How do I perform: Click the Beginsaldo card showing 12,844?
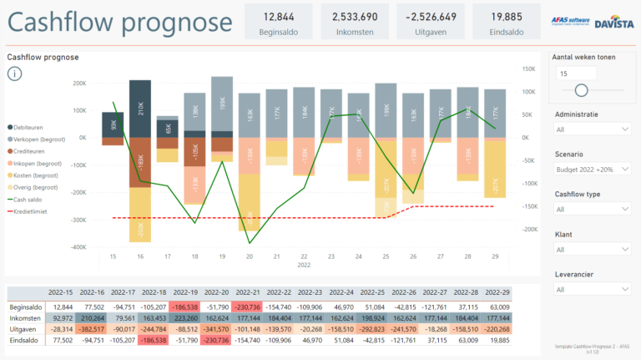[x=279, y=23]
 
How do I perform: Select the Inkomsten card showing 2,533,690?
[x=354, y=23]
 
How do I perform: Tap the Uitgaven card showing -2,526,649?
[x=430, y=23]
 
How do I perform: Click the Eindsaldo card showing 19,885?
[x=507, y=23]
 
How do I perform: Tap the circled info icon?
[x=16, y=74]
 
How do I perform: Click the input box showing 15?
[x=588, y=74]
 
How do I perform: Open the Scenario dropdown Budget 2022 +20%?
[x=592, y=169]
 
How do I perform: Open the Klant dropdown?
[x=592, y=249]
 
